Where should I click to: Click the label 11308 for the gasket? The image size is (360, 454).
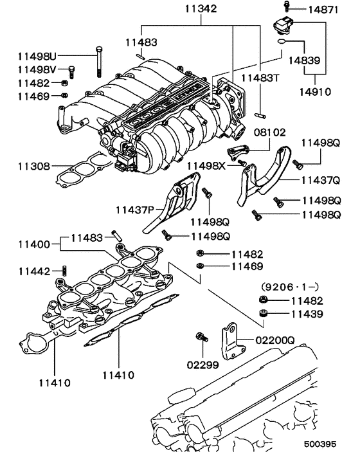(x=33, y=166)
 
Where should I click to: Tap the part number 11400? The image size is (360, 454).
(x=33, y=244)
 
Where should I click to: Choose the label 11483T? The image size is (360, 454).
(x=259, y=78)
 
